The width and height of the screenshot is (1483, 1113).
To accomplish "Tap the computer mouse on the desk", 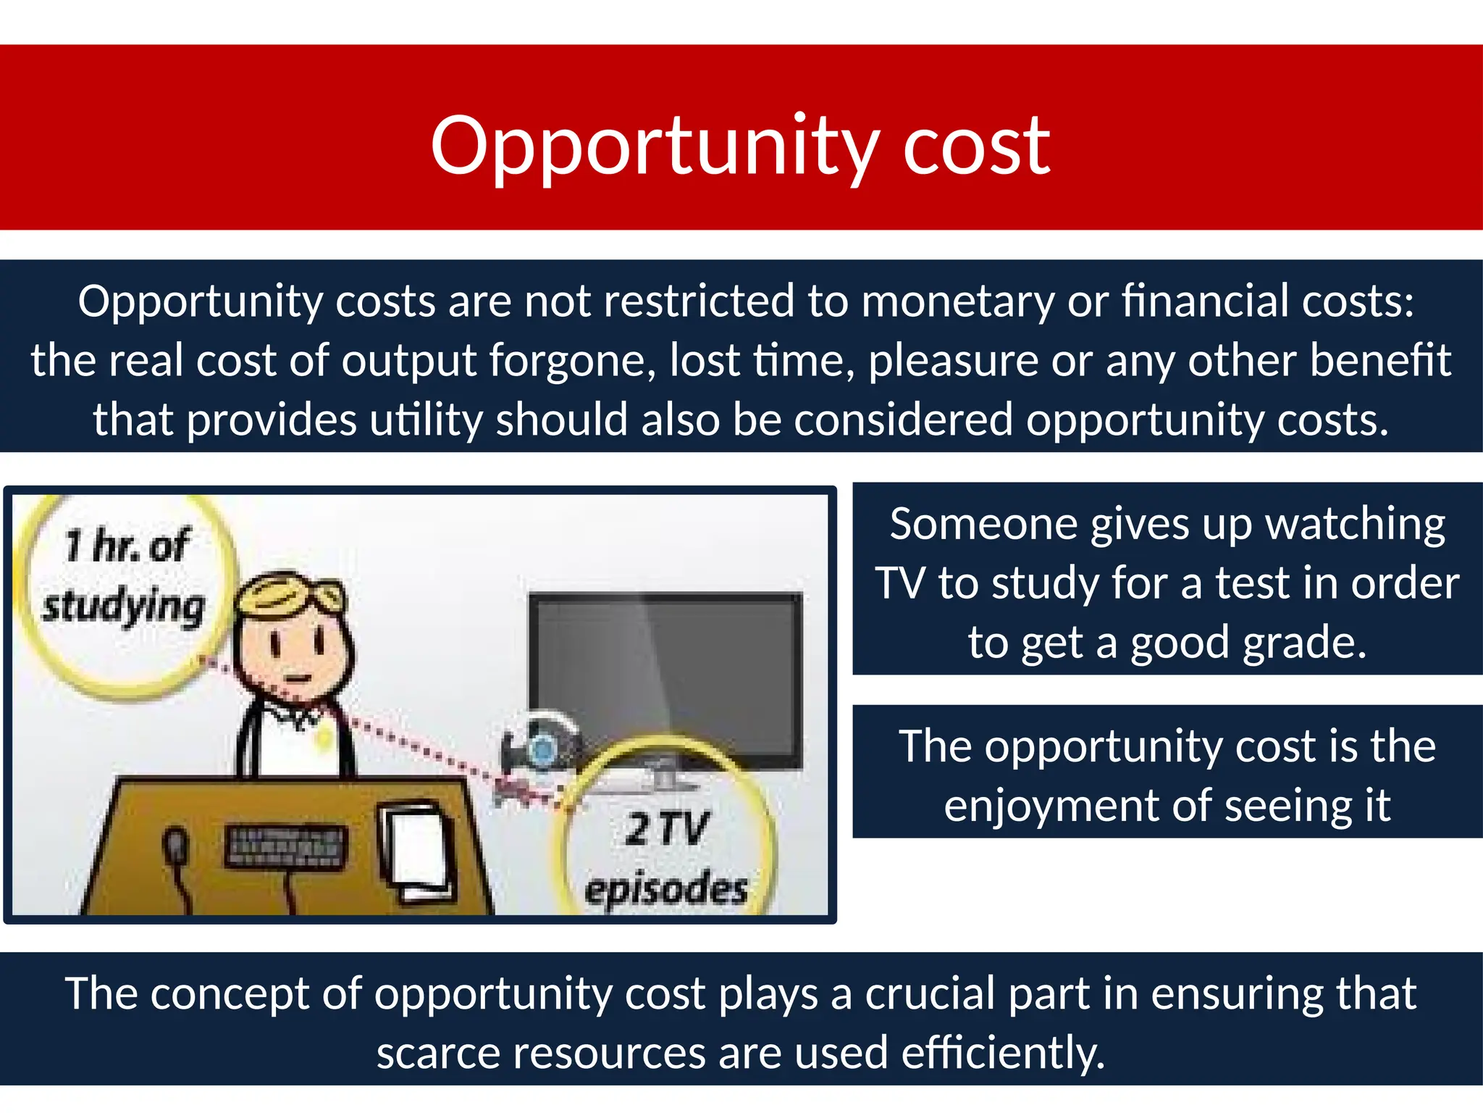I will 176,846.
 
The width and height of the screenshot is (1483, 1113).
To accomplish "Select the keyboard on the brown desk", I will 285,846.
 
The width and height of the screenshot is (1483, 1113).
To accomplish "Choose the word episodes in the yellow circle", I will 665,888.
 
